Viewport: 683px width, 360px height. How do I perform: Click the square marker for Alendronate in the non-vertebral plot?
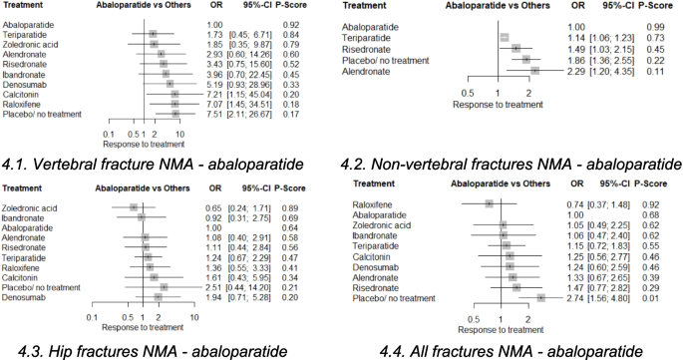coord(534,71)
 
